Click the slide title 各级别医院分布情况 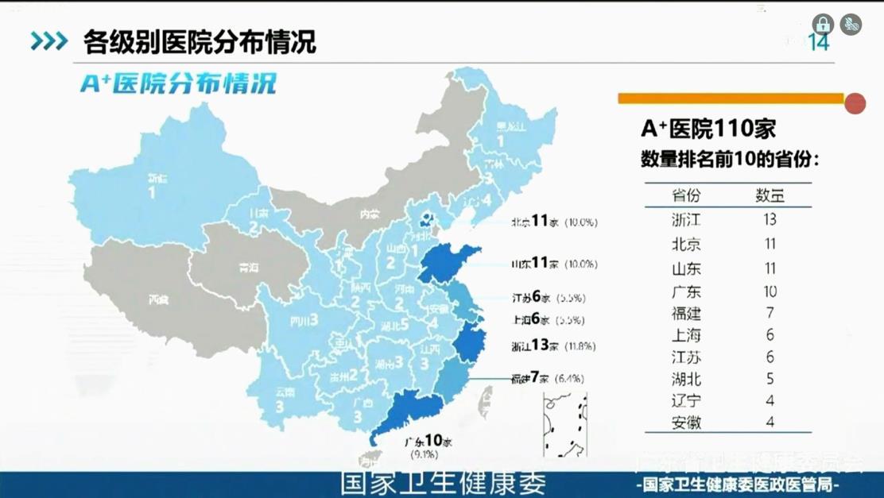[200, 41]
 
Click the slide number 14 [819, 43]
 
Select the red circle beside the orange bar [855, 103]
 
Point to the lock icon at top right [823, 24]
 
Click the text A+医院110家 [708, 129]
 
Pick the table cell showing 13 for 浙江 [769, 219]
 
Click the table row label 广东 [686, 291]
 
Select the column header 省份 [686, 195]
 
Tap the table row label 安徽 [686, 423]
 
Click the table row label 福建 [686, 313]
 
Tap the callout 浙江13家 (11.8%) [553, 346]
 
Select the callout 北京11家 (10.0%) [554, 222]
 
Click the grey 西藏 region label [158, 300]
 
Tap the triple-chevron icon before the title [49, 41]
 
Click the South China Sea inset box [565, 425]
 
